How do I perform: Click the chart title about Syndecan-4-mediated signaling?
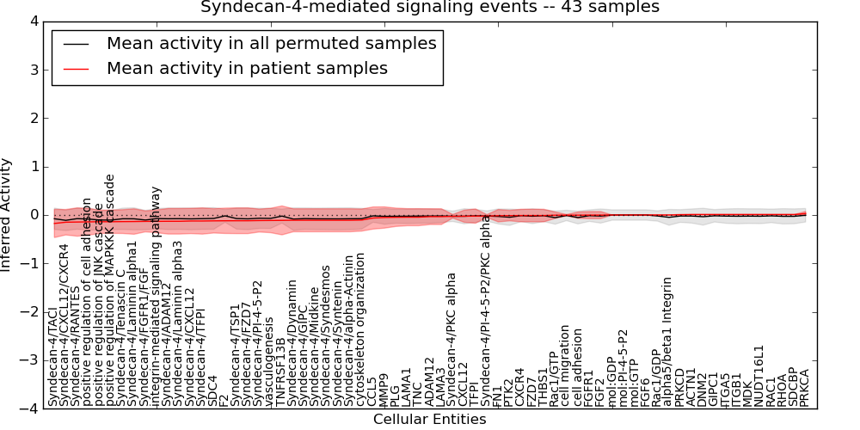click(430, 7)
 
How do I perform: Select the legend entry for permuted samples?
click(271, 43)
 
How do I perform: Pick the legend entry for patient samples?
click(247, 68)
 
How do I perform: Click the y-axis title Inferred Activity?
click(7, 214)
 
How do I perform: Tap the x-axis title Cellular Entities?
click(429, 420)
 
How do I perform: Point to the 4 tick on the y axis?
click(30, 21)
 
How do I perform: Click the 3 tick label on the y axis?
click(30, 70)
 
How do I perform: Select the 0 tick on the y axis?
click(30, 215)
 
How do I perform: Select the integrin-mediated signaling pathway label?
click(157, 296)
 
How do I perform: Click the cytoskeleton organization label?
click(361, 330)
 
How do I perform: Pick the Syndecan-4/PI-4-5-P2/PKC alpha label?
click(486, 310)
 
